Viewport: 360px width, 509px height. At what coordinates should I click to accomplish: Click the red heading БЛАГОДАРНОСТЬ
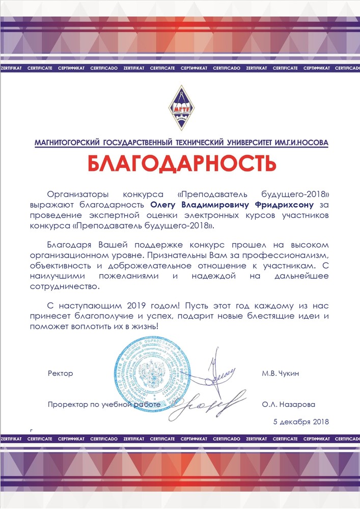tap(182, 163)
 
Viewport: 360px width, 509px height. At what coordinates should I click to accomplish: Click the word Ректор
tap(60, 373)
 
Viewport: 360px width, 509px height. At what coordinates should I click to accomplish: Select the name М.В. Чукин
tap(280, 373)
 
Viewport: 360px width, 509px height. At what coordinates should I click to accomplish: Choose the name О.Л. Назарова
tap(288, 405)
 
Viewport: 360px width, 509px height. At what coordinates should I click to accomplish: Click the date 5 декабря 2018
tap(301, 421)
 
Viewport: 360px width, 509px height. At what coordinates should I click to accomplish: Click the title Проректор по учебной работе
tap(104, 405)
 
